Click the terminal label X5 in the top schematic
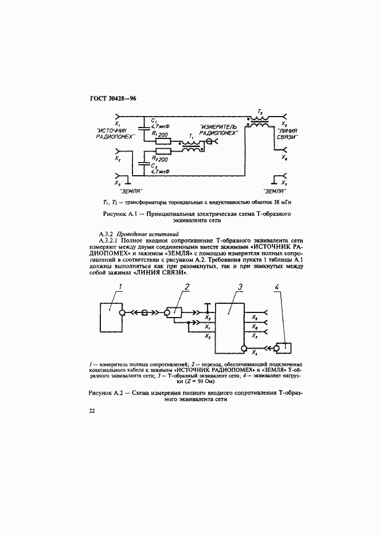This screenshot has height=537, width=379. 286,123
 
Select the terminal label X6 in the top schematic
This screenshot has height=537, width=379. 285,157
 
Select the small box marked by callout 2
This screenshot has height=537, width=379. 173,311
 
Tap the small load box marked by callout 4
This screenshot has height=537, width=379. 283,348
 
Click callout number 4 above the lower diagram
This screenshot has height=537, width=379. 279,287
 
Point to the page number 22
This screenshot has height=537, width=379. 92,411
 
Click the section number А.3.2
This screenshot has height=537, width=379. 107,234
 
